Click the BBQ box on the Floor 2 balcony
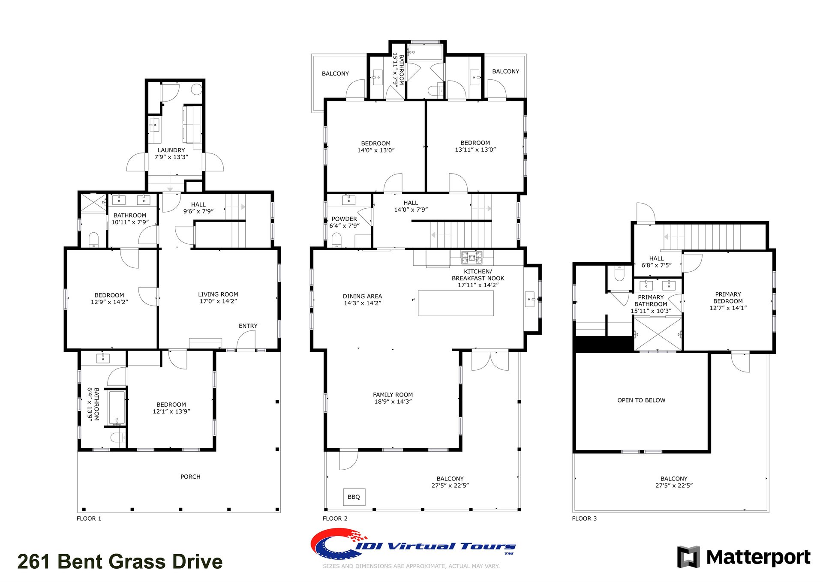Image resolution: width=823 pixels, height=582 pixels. tap(354, 497)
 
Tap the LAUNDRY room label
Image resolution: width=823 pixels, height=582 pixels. tap(171, 150)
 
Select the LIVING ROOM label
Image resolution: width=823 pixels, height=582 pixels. tap(218, 294)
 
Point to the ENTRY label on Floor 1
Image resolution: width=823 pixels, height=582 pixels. tap(248, 326)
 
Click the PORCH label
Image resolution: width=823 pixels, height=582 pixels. tap(190, 477)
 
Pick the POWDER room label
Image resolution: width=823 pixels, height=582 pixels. tap(344, 219)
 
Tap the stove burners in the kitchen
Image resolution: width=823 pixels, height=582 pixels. tap(472, 258)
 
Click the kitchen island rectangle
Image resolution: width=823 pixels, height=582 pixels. tap(456, 303)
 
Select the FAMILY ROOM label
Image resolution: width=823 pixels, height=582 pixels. tap(393, 395)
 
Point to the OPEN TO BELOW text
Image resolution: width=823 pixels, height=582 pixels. tap(641, 400)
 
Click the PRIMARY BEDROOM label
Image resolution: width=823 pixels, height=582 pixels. tap(728, 298)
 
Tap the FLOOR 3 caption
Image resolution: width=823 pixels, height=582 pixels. tap(584, 519)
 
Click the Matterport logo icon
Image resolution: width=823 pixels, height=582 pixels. tap(688, 557)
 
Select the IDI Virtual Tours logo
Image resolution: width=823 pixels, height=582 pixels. tap(413, 544)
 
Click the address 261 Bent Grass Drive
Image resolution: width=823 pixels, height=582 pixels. tap(120, 561)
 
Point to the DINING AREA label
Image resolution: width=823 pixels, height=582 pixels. tap(362, 296)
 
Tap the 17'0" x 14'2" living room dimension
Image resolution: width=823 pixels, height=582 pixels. tap(218, 301)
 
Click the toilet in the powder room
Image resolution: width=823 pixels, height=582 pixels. tap(337, 240)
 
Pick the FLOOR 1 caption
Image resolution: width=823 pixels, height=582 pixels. tap(89, 519)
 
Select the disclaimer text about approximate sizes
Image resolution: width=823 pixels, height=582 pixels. tap(411, 566)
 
